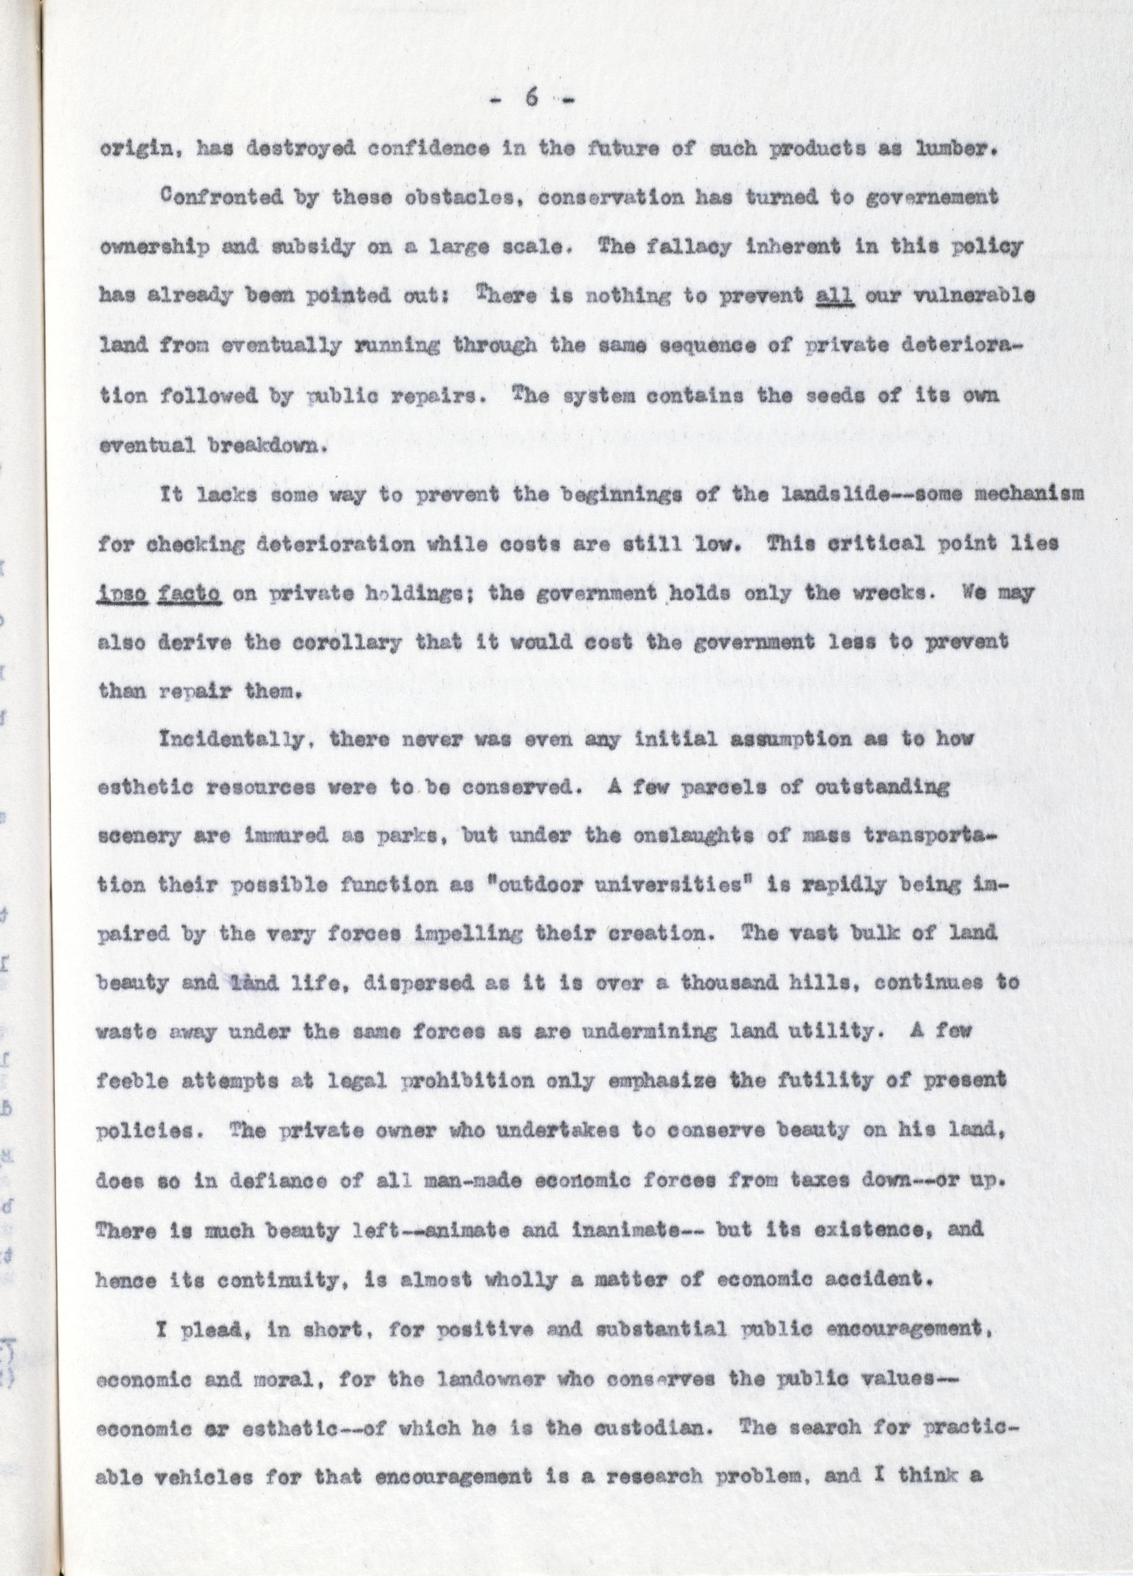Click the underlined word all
coord(835,295)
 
